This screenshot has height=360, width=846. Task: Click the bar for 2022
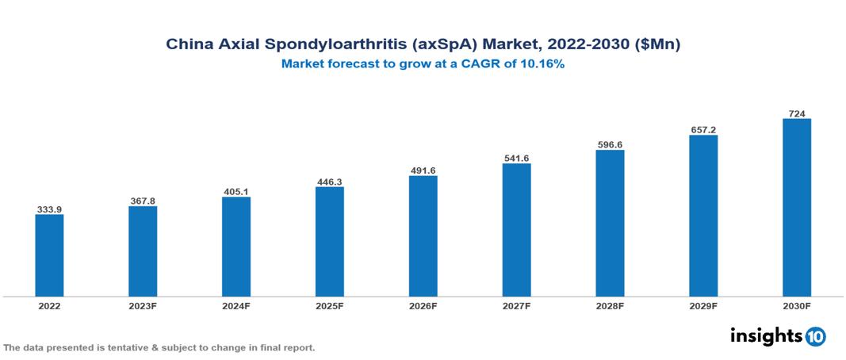tap(49, 255)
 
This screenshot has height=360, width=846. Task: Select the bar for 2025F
tap(329, 241)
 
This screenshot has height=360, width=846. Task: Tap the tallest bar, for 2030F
tap(796, 208)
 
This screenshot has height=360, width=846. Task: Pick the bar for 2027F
tap(516, 230)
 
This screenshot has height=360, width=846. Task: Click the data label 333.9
tap(49, 209)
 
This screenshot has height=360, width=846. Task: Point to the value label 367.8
tap(143, 201)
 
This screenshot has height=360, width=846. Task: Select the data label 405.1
tap(235, 191)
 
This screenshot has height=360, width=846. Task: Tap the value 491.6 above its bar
tap(423, 170)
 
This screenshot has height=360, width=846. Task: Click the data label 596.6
tap(610, 144)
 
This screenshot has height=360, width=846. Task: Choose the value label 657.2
tap(703, 128)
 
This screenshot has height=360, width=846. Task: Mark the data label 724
tap(796, 113)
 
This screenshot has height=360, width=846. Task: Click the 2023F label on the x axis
tap(143, 305)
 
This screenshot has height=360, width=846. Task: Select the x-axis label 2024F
tap(235, 305)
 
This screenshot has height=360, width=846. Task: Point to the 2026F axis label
tap(423, 305)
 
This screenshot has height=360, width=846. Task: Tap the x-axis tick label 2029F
tap(703, 305)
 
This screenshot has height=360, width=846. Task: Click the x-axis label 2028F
tap(610, 305)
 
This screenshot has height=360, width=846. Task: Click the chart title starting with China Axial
tap(423, 45)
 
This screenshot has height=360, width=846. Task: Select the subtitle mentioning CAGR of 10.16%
tap(423, 64)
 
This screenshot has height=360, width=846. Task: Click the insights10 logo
tap(777, 336)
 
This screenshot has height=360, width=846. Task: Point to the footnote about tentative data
tap(159, 347)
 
